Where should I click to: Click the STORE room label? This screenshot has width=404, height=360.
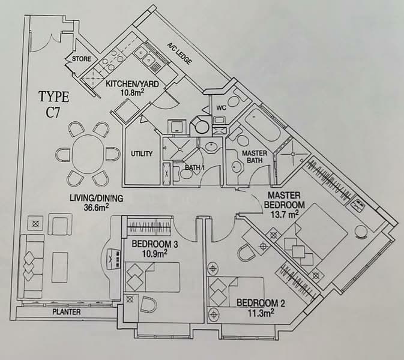click(82, 59)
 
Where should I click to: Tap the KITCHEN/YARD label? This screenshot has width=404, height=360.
click(133, 84)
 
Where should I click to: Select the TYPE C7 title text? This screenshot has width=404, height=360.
click(54, 103)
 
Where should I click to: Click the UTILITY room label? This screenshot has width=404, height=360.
click(142, 154)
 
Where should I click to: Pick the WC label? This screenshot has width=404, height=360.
click(221, 108)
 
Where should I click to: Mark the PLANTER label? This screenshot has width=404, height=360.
click(67, 312)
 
